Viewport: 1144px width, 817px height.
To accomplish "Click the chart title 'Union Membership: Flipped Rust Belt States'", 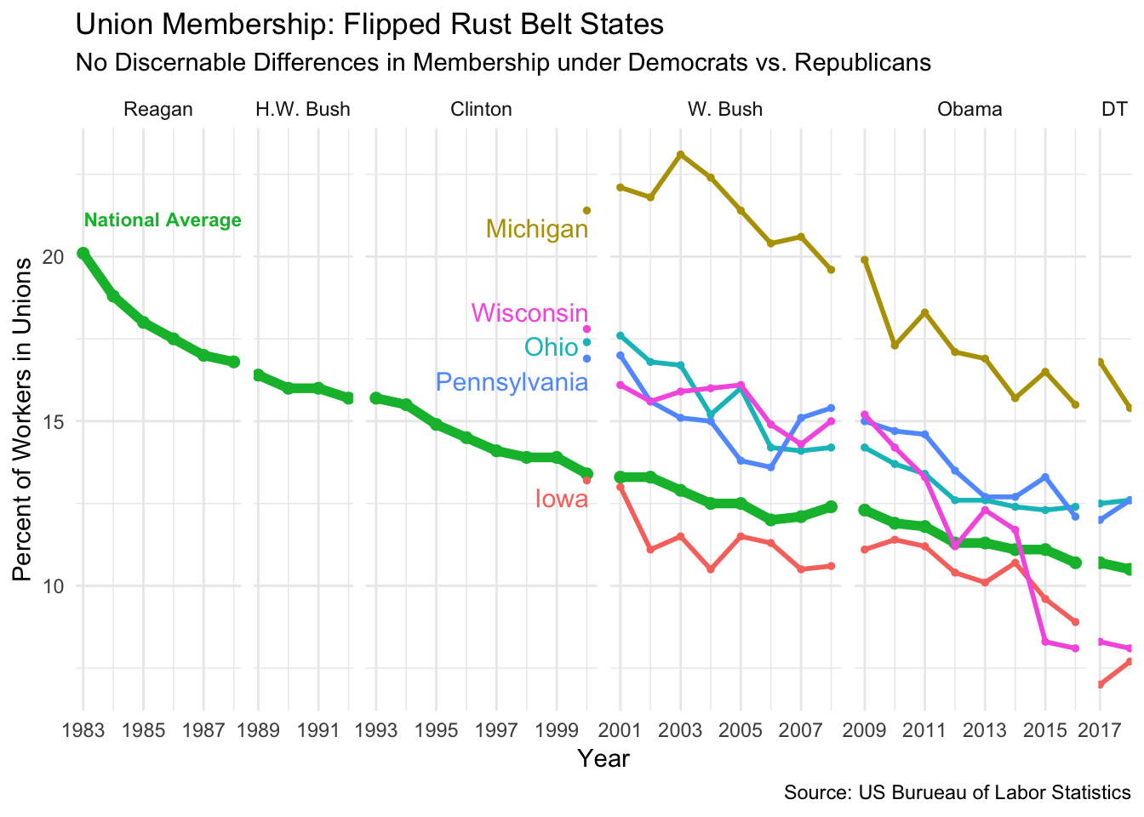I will pos(369,25).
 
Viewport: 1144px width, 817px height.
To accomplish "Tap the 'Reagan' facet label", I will pos(158,109).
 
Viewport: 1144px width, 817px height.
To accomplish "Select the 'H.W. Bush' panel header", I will pos(302,109).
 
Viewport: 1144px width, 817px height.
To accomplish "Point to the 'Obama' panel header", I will pos(970,109).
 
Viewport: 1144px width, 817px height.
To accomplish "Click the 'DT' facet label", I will pos(1114,109).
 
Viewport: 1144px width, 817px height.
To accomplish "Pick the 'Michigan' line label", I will pos(536,229).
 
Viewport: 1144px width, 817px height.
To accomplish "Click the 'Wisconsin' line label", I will pos(529,313).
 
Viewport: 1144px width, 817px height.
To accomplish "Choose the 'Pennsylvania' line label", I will pos(512,382).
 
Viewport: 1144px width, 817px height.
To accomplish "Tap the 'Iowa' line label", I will pos(561,499).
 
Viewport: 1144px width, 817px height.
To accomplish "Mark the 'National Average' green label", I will pos(163,220).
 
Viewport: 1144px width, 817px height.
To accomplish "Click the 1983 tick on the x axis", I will pos(83,730).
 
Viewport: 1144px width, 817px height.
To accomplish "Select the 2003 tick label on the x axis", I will pos(680,730).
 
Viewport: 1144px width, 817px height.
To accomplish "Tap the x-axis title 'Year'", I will pos(603,758).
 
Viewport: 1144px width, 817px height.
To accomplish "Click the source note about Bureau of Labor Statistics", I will pos(957,793).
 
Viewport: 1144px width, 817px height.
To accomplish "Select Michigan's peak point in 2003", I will pos(680,154).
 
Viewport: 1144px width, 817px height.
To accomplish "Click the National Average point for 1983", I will pos(83,253).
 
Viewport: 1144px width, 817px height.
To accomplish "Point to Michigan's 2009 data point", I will pos(865,260).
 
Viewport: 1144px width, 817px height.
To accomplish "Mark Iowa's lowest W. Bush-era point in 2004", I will pos(711,569).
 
